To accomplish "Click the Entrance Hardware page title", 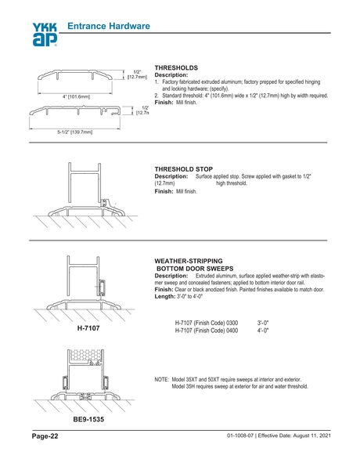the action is [x=108, y=27].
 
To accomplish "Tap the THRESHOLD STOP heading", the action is [x=185, y=168].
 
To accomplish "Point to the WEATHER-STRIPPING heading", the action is [x=190, y=259].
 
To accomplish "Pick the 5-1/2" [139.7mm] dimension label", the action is [x=76, y=132].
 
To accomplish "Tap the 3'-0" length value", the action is [x=264, y=323].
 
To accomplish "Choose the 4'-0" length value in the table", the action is [x=264, y=331].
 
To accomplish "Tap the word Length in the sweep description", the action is [x=166, y=296].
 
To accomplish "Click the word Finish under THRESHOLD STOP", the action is [x=164, y=191].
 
